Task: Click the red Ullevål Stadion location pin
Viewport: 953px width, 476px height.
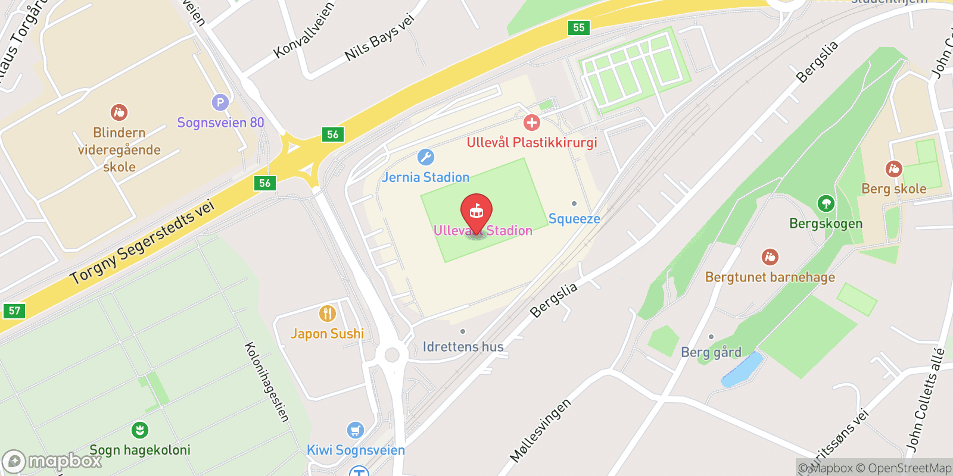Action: click(476, 212)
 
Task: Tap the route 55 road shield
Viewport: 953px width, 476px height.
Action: click(578, 27)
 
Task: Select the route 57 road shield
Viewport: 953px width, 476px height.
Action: click(14, 311)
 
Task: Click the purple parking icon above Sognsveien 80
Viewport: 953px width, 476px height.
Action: click(220, 102)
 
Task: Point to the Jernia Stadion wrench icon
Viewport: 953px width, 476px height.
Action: click(425, 157)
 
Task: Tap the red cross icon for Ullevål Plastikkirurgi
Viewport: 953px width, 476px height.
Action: click(531, 123)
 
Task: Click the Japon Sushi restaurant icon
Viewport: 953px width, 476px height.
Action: click(327, 313)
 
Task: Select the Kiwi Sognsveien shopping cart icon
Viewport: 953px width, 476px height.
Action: click(356, 430)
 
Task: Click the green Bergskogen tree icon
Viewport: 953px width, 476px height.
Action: click(826, 203)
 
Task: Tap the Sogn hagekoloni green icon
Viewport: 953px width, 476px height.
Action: click(140, 430)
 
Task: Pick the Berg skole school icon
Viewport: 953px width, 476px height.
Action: click(893, 169)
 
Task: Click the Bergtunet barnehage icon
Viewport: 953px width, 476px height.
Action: click(770, 257)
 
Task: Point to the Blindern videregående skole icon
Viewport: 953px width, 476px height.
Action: click(119, 112)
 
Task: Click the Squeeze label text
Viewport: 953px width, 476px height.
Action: click(574, 219)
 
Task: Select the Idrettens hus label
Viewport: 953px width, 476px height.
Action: click(463, 346)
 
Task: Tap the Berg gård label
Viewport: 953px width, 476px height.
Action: click(711, 352)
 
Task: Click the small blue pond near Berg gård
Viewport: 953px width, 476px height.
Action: click(742, 369)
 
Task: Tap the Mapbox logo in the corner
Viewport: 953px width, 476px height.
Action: click(52, 461)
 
